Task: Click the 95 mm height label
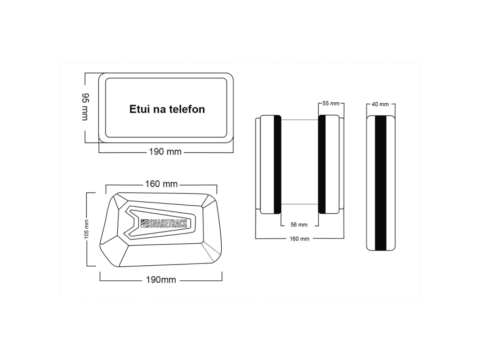[85, 107]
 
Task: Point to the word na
[159, 109]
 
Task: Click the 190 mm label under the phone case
[165, 152]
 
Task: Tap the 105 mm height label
[86, 230]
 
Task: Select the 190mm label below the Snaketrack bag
[162, 280]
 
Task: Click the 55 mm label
[331, 103]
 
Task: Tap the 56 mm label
[299, 225]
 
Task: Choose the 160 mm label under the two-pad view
[300, 239]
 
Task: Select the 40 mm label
[380, 104]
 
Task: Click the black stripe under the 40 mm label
[380, 182]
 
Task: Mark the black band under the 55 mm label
[322, 164]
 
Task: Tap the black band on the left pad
[277, 164]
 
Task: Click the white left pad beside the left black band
[266, 164]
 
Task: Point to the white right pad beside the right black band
[333, 164]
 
